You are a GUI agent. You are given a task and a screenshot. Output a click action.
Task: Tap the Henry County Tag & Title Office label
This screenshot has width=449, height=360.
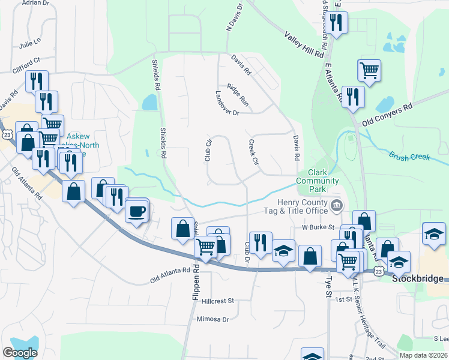(296, 206)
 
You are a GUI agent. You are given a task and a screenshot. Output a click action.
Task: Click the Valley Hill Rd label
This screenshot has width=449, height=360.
(305, 46)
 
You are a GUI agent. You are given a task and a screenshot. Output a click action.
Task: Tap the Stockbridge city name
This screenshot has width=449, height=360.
(418, 279)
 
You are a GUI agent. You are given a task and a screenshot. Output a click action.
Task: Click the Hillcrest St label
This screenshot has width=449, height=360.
(217, 300)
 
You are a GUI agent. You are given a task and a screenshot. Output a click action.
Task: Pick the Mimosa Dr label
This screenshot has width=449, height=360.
(212, 319)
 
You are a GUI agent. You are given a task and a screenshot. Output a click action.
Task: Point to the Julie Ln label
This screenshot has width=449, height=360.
(29, 43)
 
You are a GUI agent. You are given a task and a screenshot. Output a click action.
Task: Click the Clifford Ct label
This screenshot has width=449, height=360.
(28, 61)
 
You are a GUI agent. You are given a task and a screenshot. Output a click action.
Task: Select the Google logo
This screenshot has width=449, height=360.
(20, 353)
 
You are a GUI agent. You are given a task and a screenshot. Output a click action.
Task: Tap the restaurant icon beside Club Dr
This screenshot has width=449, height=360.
(260, 242)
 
